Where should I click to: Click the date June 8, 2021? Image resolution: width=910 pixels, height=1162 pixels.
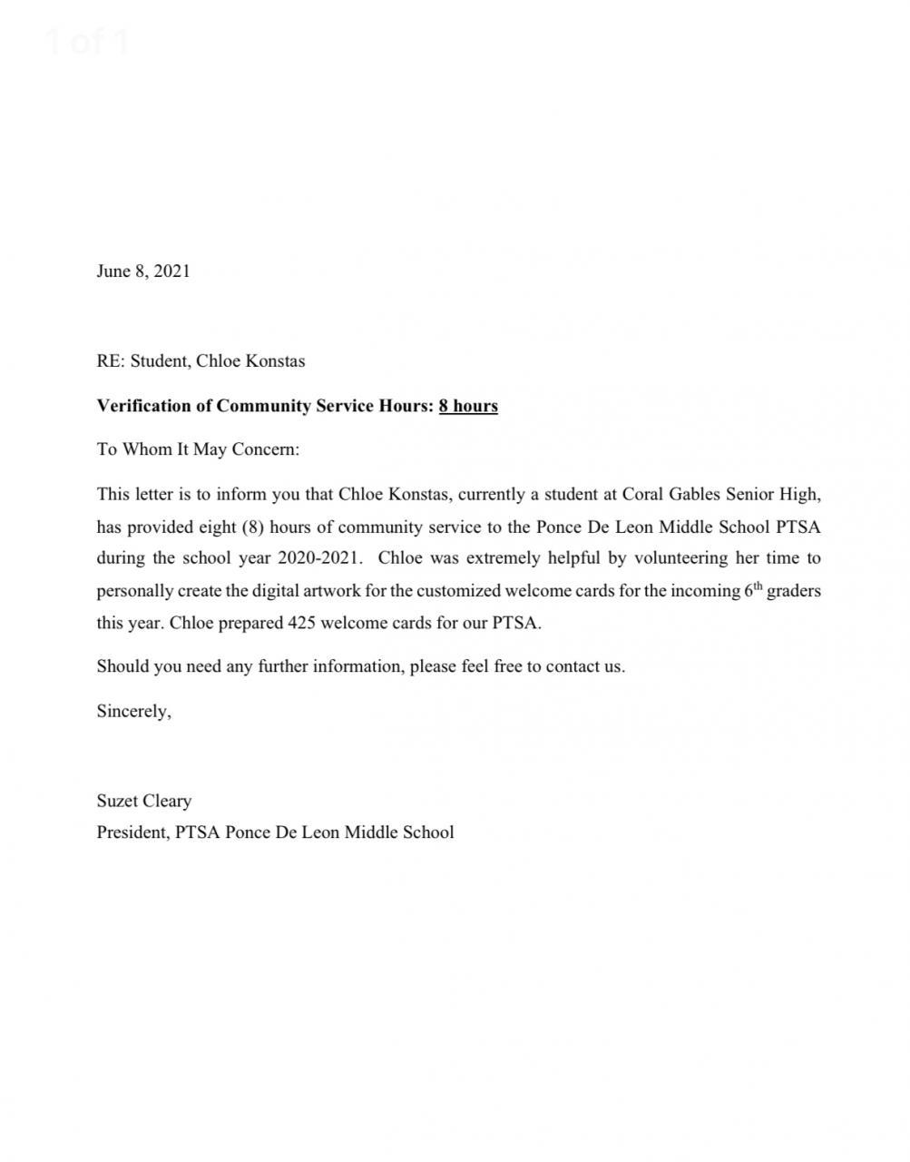pos(143,271)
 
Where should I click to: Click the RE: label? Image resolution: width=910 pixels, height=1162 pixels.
pos(110,361)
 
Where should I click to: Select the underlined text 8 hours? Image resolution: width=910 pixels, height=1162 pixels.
pos(468,406)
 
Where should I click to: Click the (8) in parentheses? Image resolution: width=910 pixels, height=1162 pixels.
pos(252,527)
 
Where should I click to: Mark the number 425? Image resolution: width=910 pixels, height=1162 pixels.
pos(301,624)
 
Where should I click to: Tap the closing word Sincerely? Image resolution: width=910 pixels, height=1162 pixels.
pos(132,712)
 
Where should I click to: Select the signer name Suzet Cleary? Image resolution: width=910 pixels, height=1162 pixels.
pos(144,801)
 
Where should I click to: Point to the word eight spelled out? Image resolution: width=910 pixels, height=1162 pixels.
pos(218,527)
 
